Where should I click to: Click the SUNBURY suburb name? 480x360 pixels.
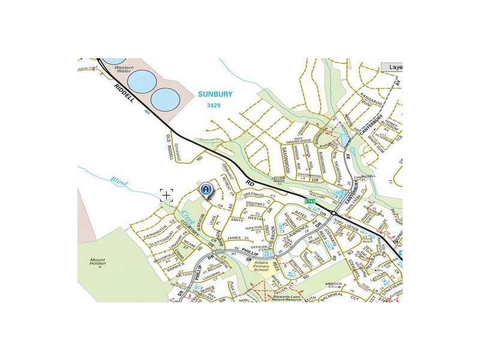pos(215,94)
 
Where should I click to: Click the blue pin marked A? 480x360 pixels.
pos(206,190)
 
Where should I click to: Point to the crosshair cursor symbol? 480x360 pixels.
pos(166,194)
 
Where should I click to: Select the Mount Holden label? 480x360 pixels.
pos(97,262)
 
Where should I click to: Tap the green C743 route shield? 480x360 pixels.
pos(310,201)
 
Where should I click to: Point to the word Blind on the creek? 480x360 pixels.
pos(119,179)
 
